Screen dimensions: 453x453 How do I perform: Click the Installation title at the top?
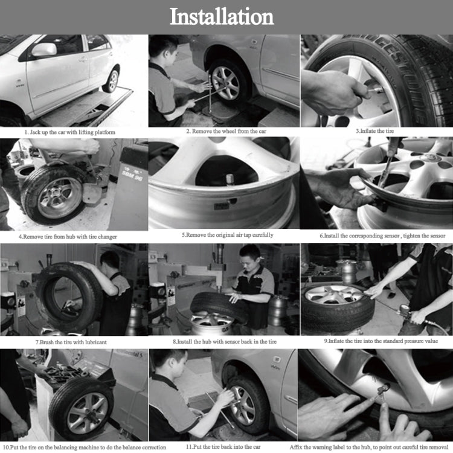click(x=221, y=16)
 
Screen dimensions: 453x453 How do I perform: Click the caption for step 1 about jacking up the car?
click(x=69, y=132)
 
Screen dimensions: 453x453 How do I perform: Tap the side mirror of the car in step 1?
click(x=44, y=50)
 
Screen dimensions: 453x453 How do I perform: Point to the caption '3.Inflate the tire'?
click(x=375, y=131)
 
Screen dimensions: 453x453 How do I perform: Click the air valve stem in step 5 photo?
click(x=230, y=179)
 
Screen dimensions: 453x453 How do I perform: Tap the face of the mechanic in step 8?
click(x=250, y=259)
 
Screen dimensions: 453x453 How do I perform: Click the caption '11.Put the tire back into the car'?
click(x=222, y=446)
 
